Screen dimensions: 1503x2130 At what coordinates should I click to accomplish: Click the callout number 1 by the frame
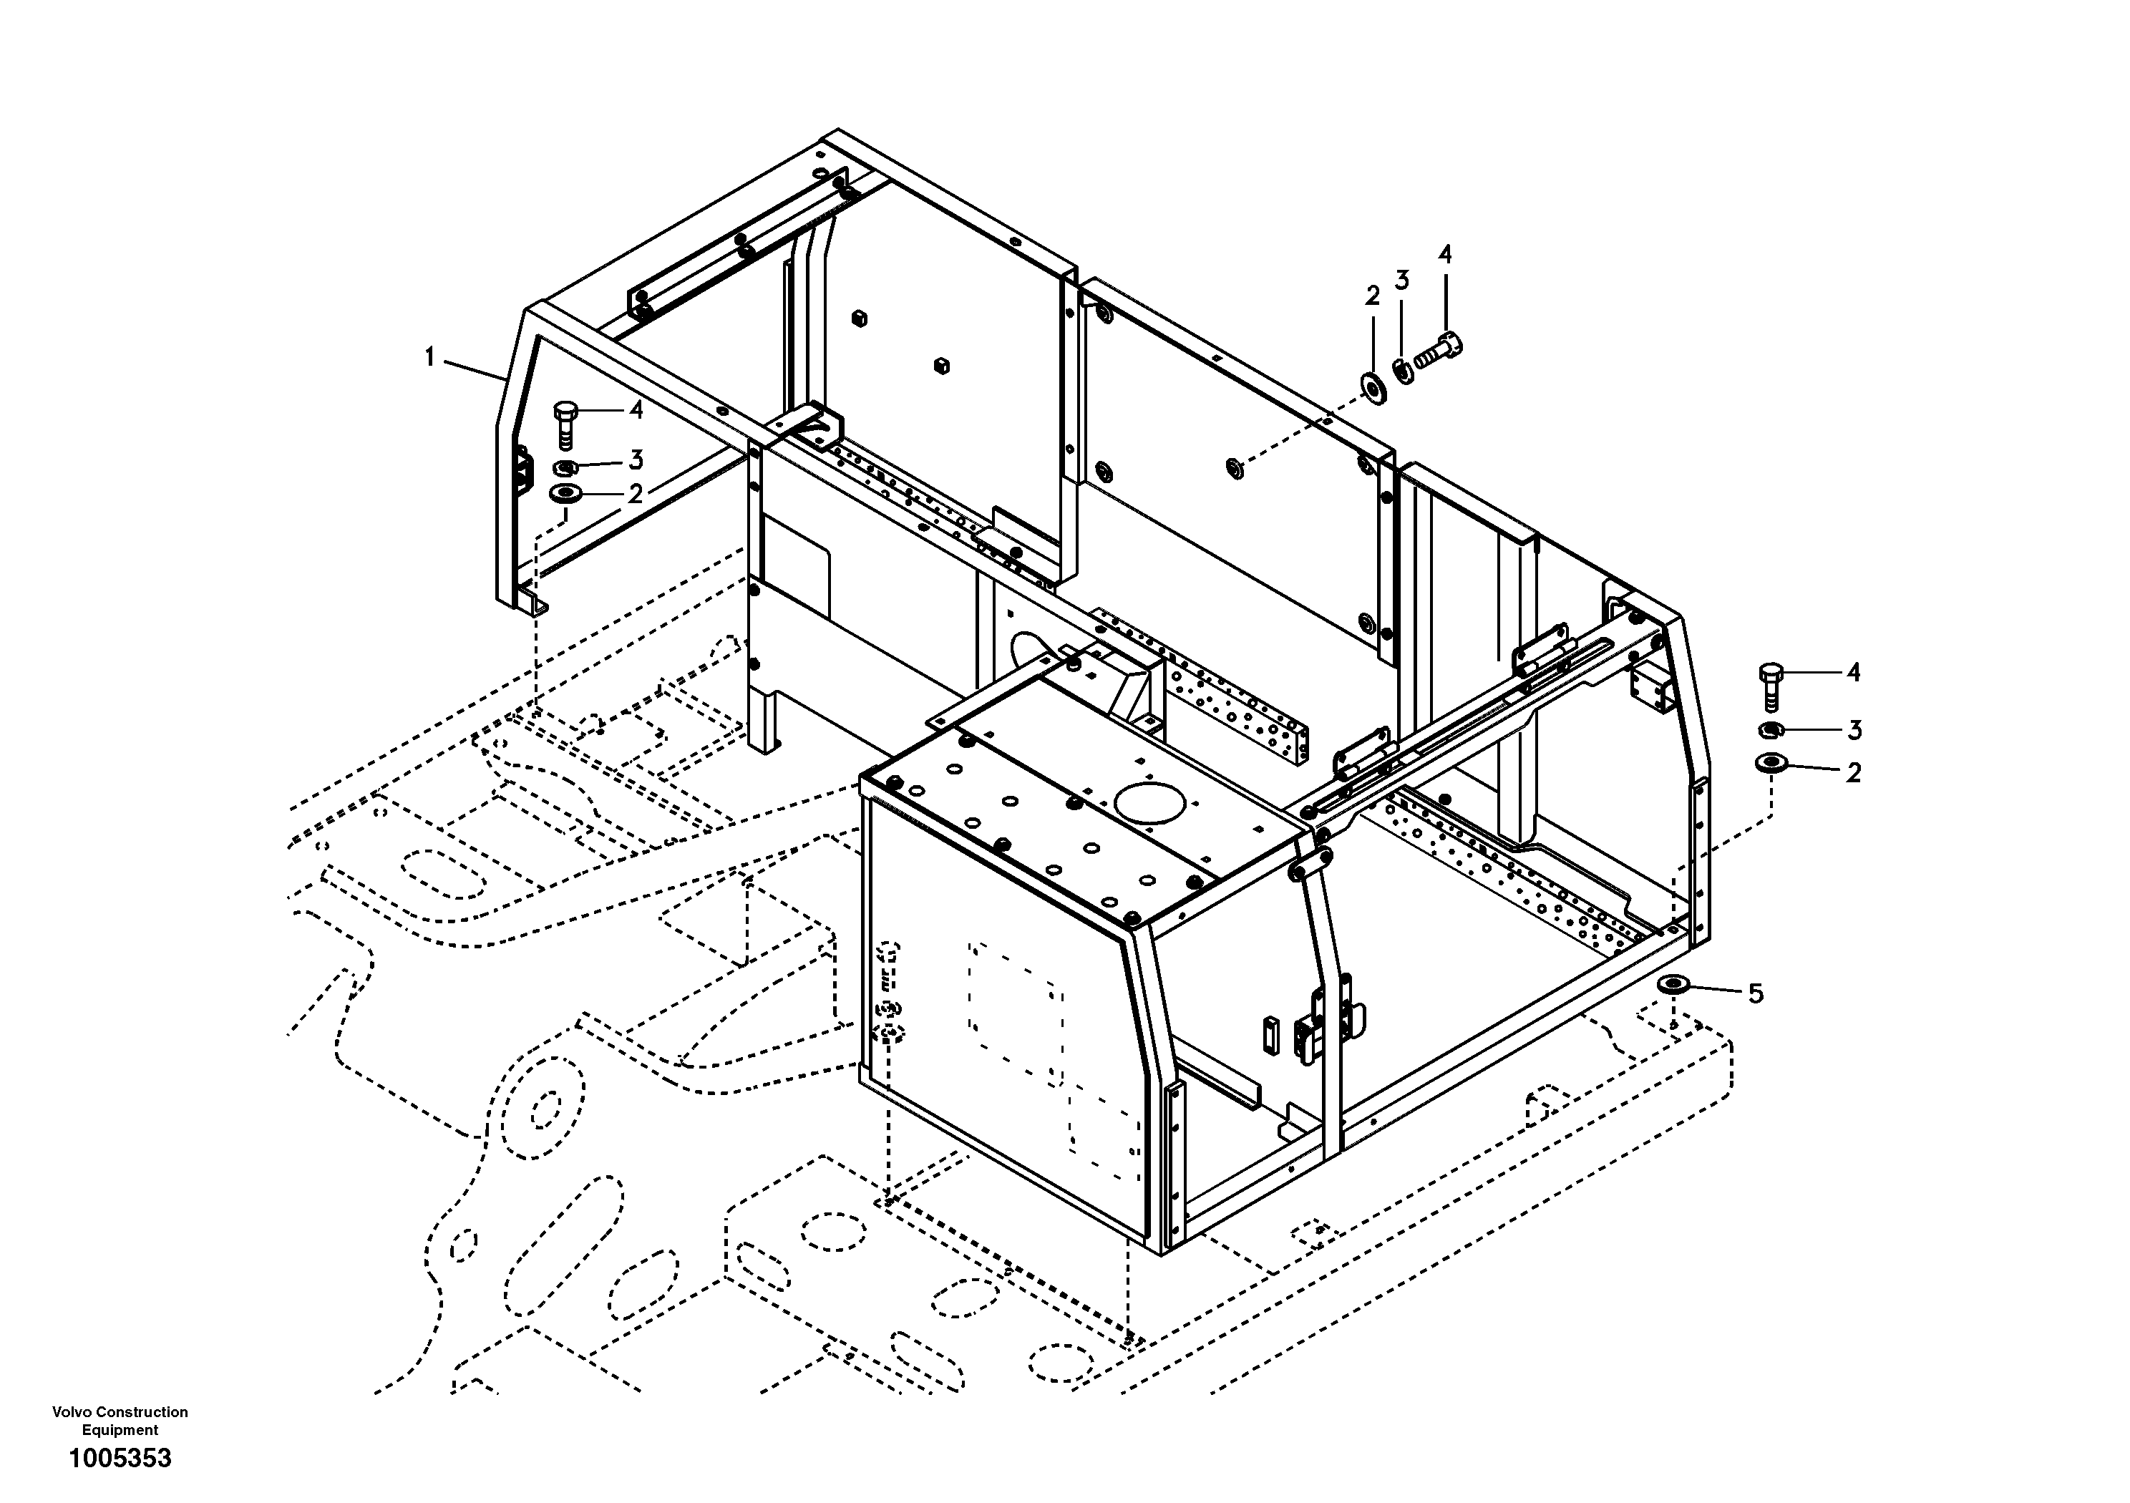pyautogui.click(x=429, y=356)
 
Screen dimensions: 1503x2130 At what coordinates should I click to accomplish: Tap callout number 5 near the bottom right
pyautogui.click(x=1755, y=995)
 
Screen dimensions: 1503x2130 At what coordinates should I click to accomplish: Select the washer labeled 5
pyautogui.click(x=1673, y=984)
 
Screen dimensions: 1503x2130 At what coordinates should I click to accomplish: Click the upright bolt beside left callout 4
pyautogui.click(x=562, y=423)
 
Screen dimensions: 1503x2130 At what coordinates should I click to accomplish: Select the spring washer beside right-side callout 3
pyautogui.click(x=1770, y=729)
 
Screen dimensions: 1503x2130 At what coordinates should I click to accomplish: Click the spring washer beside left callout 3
pyautogui.click(x=565, y=467)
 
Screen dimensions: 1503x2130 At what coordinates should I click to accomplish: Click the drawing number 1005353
pyautogui.click(x=121, y=1459)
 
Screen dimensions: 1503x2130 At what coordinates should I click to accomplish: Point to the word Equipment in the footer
pyautogui.click(x=120, y=1430)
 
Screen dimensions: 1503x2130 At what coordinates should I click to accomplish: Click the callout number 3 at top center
pyautogui.click(x=1402, y=279)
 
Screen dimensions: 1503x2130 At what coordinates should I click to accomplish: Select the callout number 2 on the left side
pyautogui.click(x=636, y=494)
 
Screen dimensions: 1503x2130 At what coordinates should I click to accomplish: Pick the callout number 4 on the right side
pyautogui.click(x=1852, y=673)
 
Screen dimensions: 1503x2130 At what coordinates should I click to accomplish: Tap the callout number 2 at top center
pyautogui.click(x=1373, y=297)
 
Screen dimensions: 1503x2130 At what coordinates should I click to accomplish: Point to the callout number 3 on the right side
pyautogui.click(x=1854, y=730)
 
